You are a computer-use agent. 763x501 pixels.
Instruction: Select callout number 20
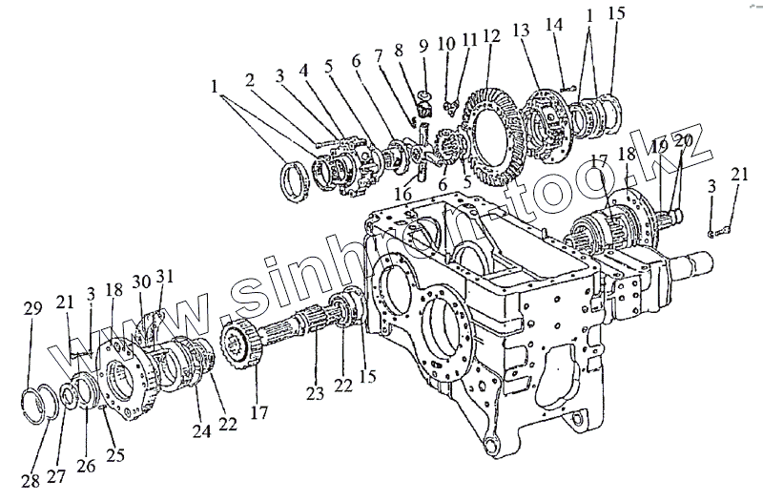[683, 143]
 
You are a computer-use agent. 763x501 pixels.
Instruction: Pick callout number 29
[33, 307]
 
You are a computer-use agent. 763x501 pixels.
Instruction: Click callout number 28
[31, 478]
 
